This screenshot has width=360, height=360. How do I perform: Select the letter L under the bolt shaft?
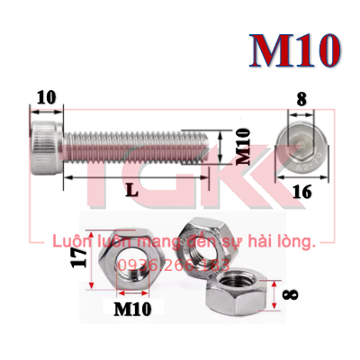click(132, 192)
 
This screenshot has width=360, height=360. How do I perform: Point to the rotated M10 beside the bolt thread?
click(241, 147)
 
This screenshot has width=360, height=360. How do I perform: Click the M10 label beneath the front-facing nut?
click(133, 309)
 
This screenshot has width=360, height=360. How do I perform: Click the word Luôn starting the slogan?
click(71, 242)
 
